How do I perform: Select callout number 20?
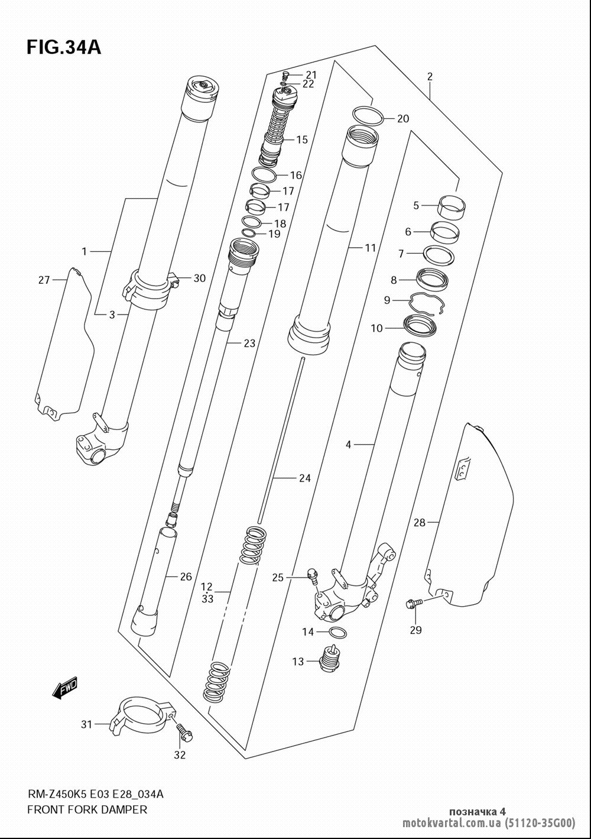pyautogui.click(x=402, y=119)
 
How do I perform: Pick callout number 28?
pyautogui.click(x=420, y=523)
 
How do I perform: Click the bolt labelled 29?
pyautogui.click(x=414, y=603)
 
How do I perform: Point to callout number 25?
pyautogui.click(x=278, y=578)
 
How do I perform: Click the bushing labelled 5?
pyautogui.click(x=452, y=209)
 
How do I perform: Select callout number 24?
pyautogui.click(x=305, y=478)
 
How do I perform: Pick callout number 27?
pyautogui.click(x=44, y=280)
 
